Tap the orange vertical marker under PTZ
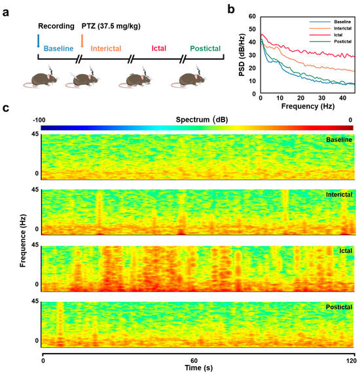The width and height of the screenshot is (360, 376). [x=82, y=41]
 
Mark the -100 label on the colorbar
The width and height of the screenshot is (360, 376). [x=42, y=119]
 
